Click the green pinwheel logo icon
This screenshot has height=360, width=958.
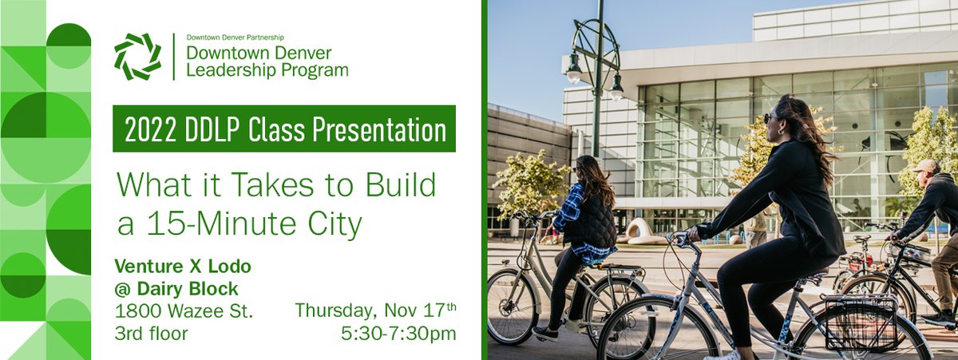coord(137,57)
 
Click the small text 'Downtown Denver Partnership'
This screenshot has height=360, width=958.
coord(235,38)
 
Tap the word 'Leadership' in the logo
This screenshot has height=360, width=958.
coord(228,70)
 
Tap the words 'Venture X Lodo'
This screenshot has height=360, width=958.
coord(183,266)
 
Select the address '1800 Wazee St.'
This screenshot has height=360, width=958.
coord(184,311)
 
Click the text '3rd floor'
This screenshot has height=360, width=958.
coord(151,334)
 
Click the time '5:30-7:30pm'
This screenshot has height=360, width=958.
coord(398,334)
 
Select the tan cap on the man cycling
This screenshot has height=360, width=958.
coord(926,165)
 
